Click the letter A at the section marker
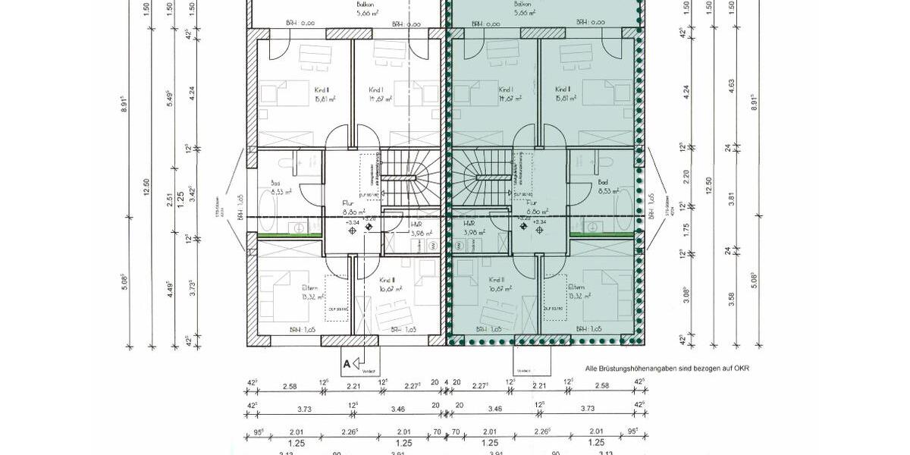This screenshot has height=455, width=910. [x=347, y=364]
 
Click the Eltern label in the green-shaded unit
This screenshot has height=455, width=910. [x=576, y=287]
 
